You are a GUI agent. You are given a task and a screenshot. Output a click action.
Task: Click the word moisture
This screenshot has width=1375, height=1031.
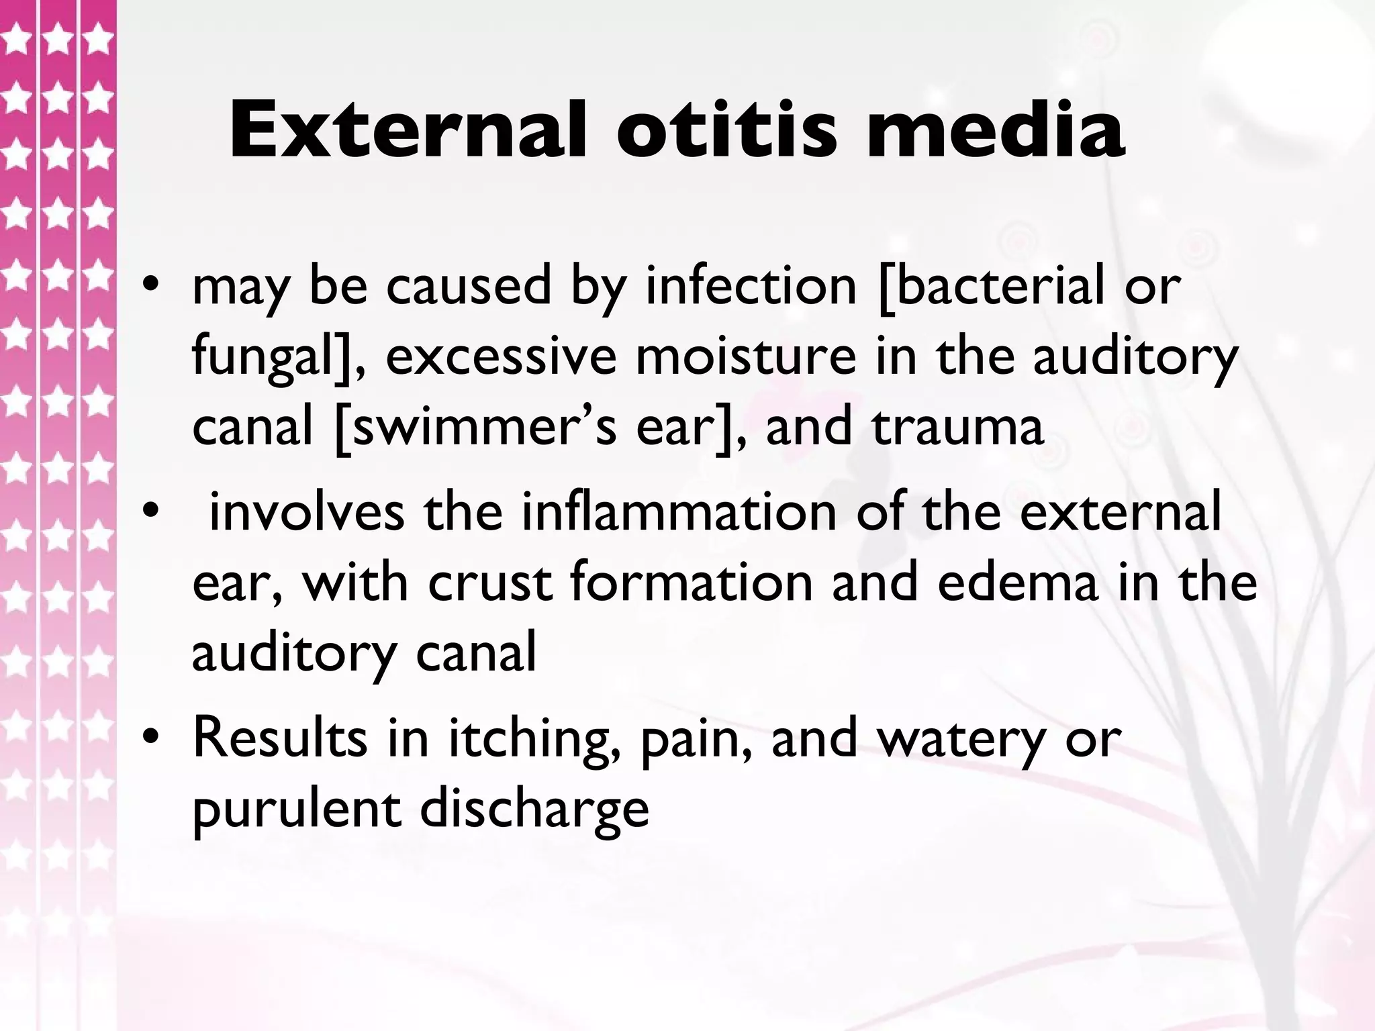click(746, 356)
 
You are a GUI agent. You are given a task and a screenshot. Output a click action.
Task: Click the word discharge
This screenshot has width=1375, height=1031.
click(534, 809)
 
